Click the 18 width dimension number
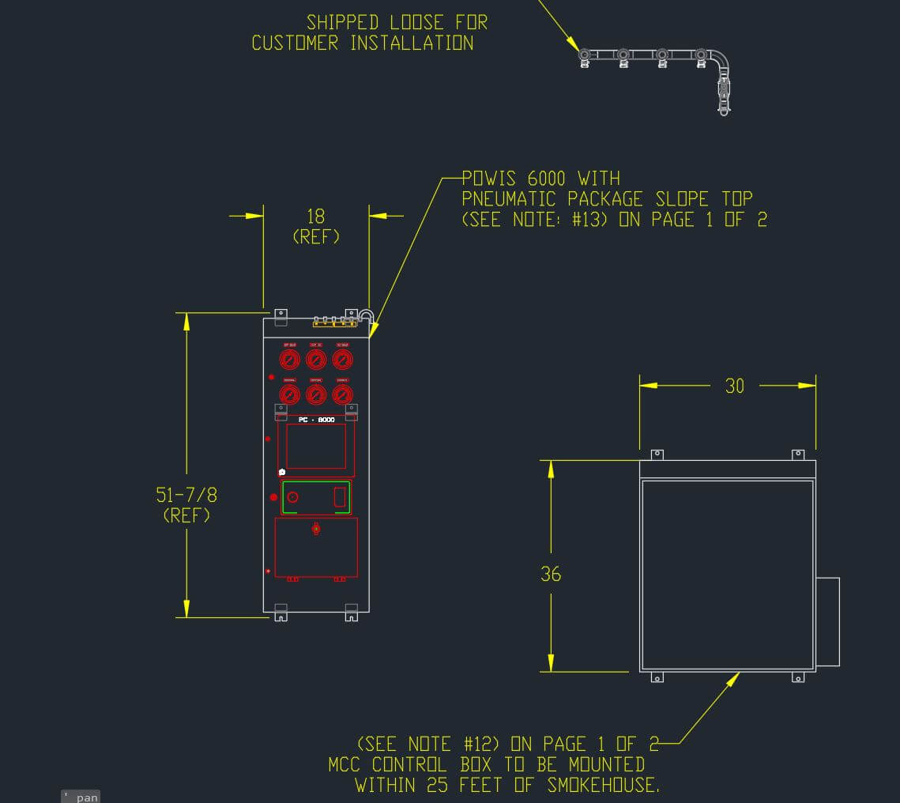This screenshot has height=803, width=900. (316, 216)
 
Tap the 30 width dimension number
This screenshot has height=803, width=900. (735, 386)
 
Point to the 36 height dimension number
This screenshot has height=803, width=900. (551, 574)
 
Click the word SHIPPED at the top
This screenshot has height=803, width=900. (342, 23)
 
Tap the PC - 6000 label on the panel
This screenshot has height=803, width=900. (316, 420)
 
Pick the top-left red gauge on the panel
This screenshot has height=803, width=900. (290, 360)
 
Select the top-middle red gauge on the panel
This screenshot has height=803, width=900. (316, 360)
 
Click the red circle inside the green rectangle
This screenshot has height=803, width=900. (292, 497)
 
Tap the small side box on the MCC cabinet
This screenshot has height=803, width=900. (827, 621)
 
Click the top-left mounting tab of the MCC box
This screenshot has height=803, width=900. (656, 455)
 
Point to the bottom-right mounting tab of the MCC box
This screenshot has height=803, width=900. (798, 677)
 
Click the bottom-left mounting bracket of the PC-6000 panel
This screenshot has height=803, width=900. (281, 612)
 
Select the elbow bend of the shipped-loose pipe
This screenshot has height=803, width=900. (719, 60)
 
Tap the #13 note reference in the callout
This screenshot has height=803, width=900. (586, 220)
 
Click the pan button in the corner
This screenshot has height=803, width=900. (81, 797)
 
